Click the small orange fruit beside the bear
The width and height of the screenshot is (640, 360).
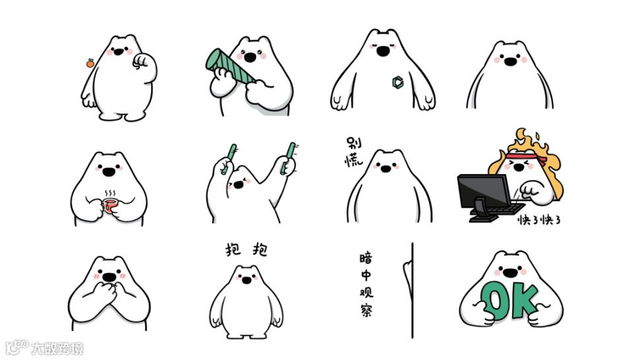point(90,63)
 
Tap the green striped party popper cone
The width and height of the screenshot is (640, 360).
point(228,67)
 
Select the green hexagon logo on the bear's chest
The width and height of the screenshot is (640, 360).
point(398,82)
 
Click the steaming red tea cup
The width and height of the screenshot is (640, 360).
point(110,205)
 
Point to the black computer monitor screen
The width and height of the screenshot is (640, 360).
point(484,192)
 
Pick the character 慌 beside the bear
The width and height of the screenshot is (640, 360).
point(353,160)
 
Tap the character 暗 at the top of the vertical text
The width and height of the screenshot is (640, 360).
point(366,258)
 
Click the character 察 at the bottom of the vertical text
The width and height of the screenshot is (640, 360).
point(366,310)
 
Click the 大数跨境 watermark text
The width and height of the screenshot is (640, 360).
point(57,349)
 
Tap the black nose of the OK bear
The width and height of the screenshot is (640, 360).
point(510,273)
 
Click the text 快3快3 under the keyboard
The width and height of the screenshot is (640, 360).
point(539,220)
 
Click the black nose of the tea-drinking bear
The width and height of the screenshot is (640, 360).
point(109,172)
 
